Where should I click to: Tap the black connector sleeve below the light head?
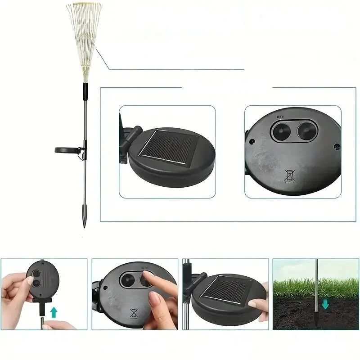(84, 92)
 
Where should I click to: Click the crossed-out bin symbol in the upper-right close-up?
(290, 175)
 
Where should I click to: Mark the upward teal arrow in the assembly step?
(54, 311)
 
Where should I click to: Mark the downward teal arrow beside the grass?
(325, 305)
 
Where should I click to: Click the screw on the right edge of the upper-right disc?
(336, 146)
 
